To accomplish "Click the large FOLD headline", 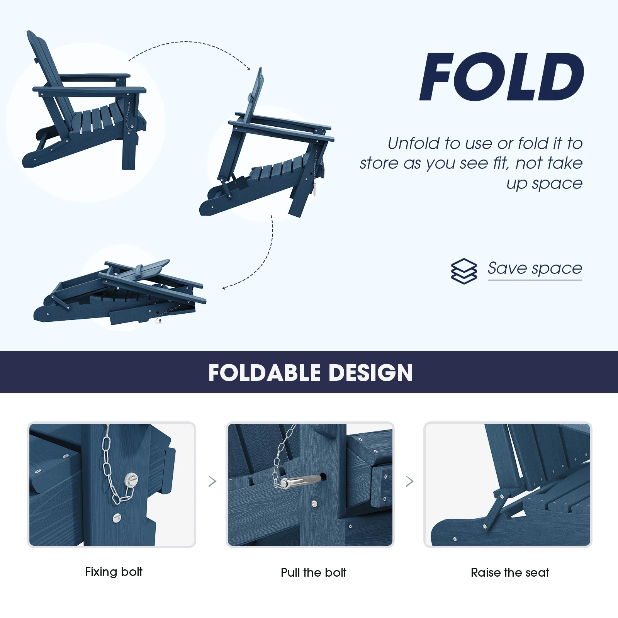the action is click(502, 76).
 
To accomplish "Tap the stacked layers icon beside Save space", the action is click(463, 271).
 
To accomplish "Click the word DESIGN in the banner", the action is click(371, 373).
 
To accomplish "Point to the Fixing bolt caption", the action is click(114, 572).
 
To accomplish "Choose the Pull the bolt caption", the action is click(314, 572).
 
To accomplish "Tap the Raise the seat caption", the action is click(510, 572).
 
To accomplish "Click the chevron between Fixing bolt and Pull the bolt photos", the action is click(212, 481).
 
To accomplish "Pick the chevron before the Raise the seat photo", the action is click(410, 481).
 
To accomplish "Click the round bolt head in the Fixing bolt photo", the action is click(131, 480).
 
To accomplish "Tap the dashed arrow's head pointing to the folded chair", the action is click(224, 287).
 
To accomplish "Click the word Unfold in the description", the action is click(414, 143).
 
